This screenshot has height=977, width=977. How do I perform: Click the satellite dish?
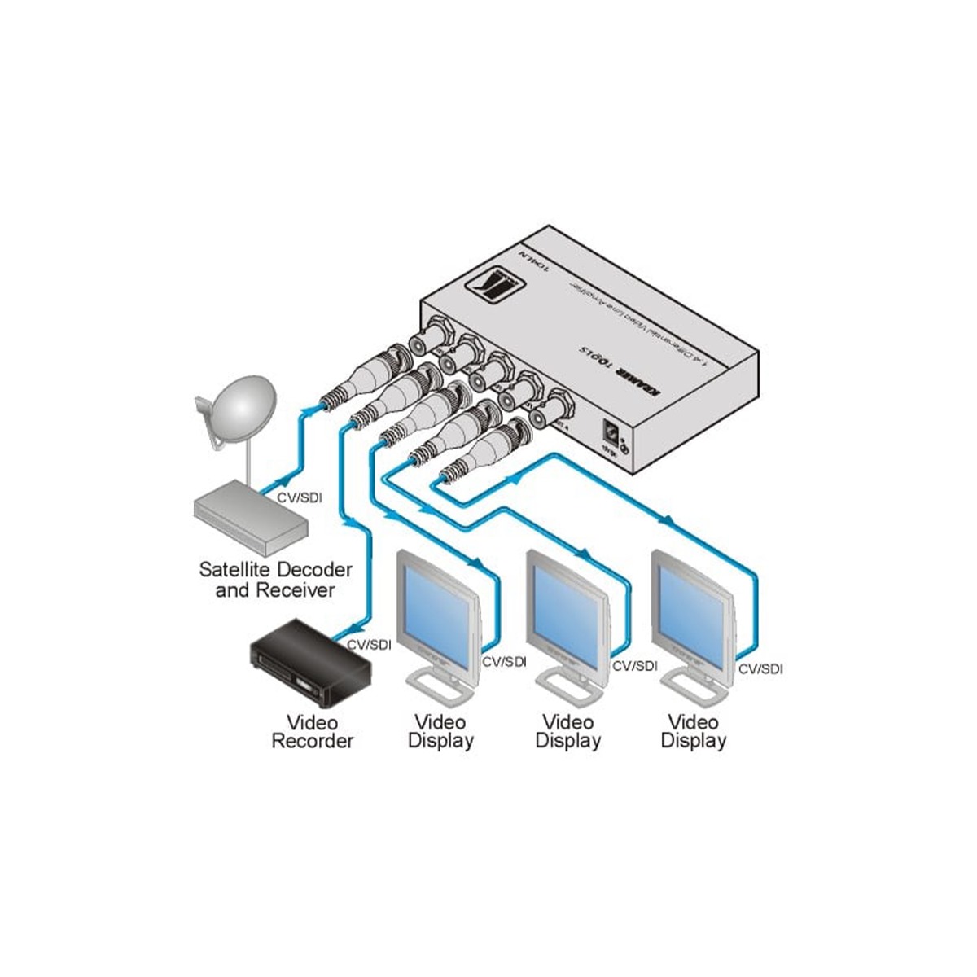(x=236, y=412)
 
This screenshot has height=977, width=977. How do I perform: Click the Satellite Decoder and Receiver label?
(x=275, y=579)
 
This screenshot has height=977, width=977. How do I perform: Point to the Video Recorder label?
(x=312, y=731)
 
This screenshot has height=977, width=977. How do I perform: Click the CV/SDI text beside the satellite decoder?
(x=300, y=497)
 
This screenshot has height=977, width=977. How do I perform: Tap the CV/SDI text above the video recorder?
(x=369, y=644)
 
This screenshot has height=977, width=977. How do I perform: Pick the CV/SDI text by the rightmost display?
(x=760, y=668)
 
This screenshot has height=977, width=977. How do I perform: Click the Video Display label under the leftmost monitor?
(x=440, y=731)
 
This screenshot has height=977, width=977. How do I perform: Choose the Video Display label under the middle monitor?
(x=567, y=731)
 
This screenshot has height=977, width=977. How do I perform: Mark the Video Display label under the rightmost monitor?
(x=693, y=731)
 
